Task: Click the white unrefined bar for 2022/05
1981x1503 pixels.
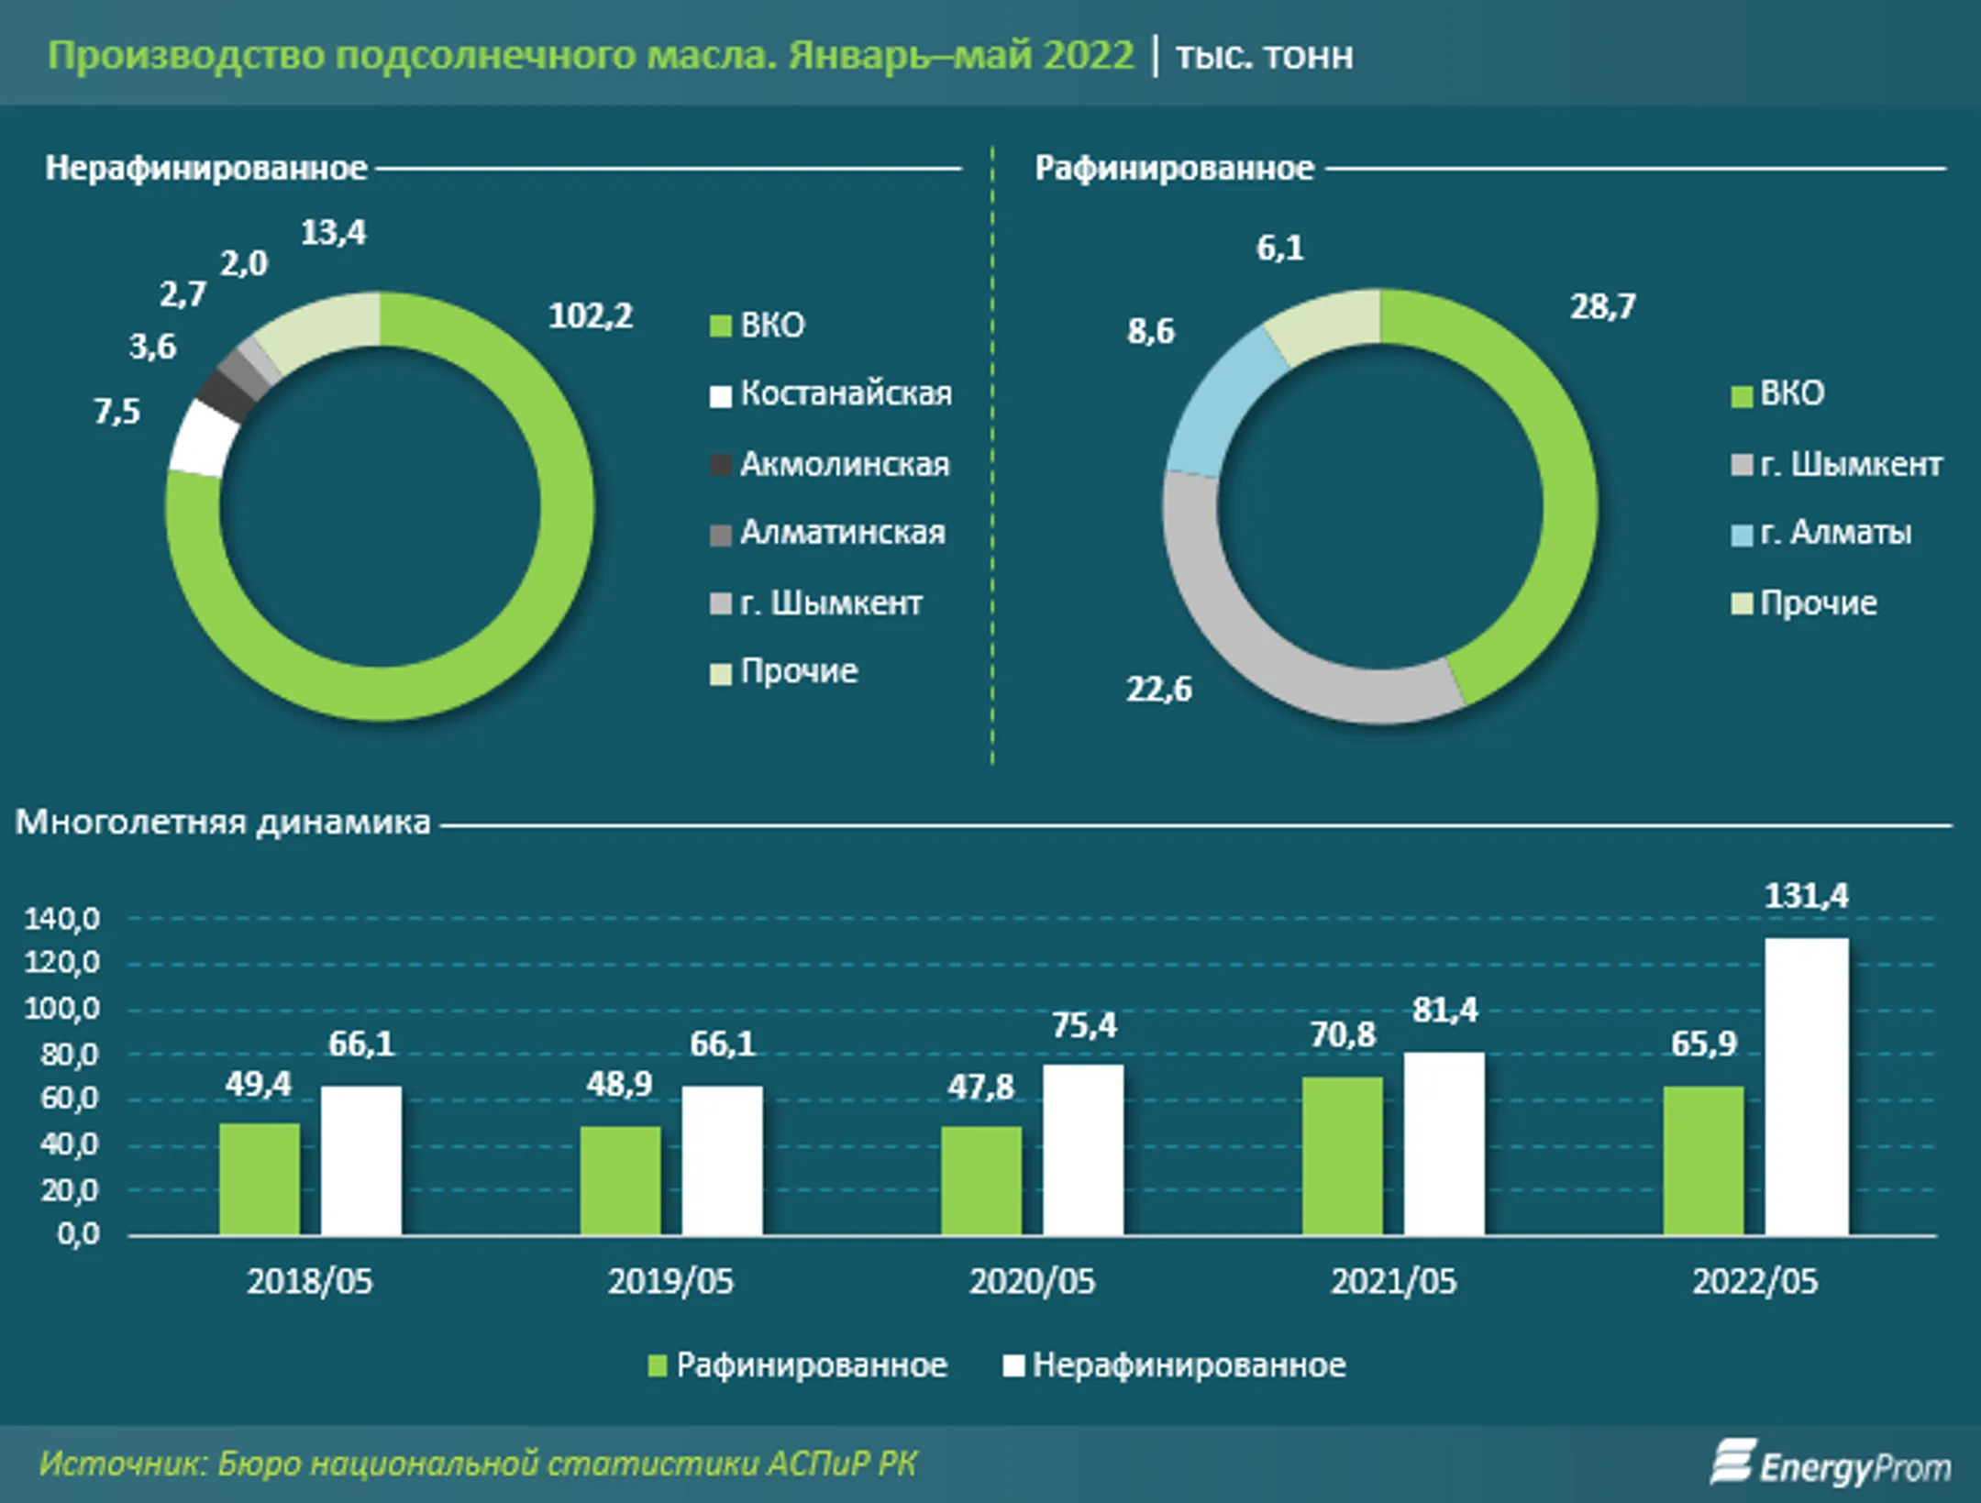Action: click(1806, 1087)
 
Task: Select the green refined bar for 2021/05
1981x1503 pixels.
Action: click(1342, 1155)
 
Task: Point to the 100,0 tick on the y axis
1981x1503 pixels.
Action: click(61, 1009)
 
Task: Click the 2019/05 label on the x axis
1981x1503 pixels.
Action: click(670, 1281)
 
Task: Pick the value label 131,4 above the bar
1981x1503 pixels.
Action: click(1806, 896)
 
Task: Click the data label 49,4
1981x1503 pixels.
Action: click(258, 1084)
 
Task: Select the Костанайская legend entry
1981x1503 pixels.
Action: click(844, 393)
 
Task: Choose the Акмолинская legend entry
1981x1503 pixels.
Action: click(843, 464)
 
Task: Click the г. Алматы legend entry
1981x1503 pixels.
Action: click(1834, 533)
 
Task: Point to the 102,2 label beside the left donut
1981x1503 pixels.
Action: click(590, 315)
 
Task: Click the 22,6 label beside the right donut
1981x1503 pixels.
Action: click(1158, 689)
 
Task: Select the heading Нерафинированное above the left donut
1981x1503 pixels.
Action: click(206, 168)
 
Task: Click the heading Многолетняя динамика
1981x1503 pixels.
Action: click(223, 822)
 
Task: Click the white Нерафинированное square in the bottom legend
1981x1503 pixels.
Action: click(1013, 1365)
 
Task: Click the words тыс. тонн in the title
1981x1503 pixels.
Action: click(1264, 56)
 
